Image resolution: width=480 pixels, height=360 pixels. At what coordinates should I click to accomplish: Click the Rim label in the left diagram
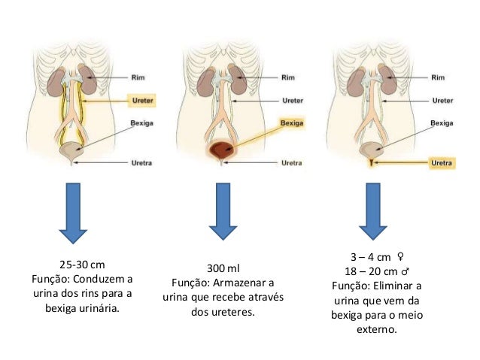tap(137, 76)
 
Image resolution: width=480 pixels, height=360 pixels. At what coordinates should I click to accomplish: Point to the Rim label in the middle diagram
tap(287, 76)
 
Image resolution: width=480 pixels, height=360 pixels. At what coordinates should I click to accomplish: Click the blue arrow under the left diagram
tap(73, 213)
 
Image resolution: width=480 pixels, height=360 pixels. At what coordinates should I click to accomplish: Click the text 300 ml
tap(223, 268)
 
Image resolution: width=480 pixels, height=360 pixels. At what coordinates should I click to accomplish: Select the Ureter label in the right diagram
tap(440, 99)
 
